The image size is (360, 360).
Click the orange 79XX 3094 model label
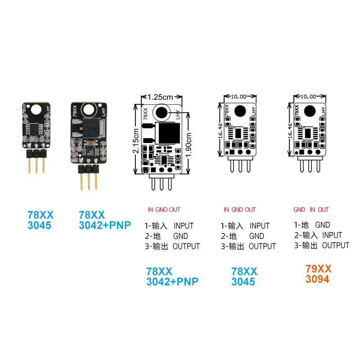[x=319, y=274]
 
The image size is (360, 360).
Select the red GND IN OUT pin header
[x=311, y=210]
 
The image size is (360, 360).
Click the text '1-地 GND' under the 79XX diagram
[x=312, y=225]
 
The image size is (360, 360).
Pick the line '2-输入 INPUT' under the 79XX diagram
[x=318, y=235]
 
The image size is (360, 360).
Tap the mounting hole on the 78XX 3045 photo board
[x=36, y=109]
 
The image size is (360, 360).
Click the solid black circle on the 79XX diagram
[x=310, y=110]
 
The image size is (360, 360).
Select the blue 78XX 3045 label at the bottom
[x=244, y=277]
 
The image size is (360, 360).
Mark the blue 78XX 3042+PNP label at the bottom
[x=172, y=277]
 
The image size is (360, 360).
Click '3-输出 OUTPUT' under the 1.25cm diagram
[x=172, y=247]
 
